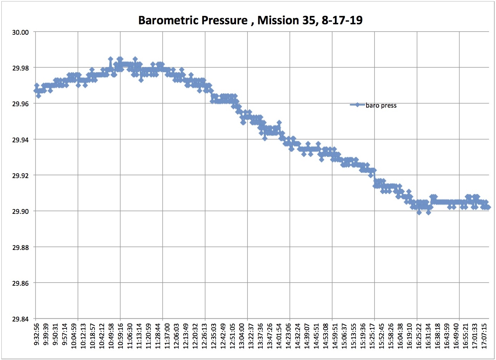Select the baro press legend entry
tap(381, 105)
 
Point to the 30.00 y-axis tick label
tap(20, 32)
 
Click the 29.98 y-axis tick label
tap(20, 68)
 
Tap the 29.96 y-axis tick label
tap(20, 104)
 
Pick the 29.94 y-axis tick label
tap(20, 140)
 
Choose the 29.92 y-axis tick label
tap(20, 175)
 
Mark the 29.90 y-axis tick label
tap(20, 211)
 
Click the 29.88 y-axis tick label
tap(20, 247)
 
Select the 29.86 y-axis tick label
tap(20, 283)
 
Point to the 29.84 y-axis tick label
tap(20, 319)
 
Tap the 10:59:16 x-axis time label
tap(120, 336)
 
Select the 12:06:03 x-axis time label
tap(177, 336)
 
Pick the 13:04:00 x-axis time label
tap(242, 336)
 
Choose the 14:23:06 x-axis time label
tap(288, 336)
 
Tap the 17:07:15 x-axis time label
tap(485, 336)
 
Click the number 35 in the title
tap(308, 20)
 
